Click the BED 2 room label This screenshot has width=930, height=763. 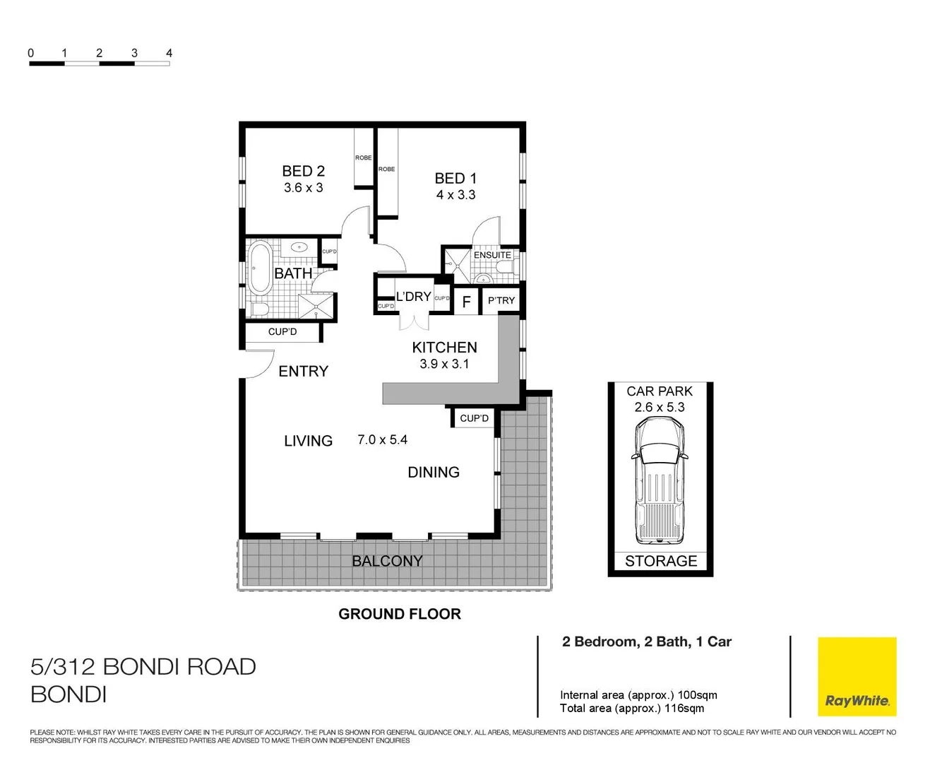tap(303, 171)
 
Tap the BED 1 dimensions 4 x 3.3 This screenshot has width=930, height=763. tap(455, 195)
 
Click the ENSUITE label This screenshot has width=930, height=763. tap(492, 255)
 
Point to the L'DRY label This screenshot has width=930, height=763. tap(413, 297)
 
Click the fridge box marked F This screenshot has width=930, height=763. tap(466, 302)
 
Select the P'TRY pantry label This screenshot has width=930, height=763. tap(501, 300)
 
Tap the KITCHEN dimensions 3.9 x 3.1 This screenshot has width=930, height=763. tap(444, 364)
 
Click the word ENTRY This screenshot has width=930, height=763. tap(303, 372)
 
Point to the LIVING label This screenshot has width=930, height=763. tap(308, 441)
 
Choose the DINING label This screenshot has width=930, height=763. tap(434, 472)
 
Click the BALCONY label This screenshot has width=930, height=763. tap(387, 561)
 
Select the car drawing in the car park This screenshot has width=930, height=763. tap(660, 480)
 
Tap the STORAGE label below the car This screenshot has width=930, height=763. tap(661, 561)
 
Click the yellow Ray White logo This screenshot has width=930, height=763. tap(857, 676)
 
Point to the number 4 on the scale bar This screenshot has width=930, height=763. tap(169, 53)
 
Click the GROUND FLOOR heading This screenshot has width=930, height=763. tap(400, 614)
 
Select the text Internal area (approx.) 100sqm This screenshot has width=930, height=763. tap(638, 695)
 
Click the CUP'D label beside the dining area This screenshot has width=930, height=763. tap(474, 418)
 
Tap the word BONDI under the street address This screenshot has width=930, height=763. tap(68, 694)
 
